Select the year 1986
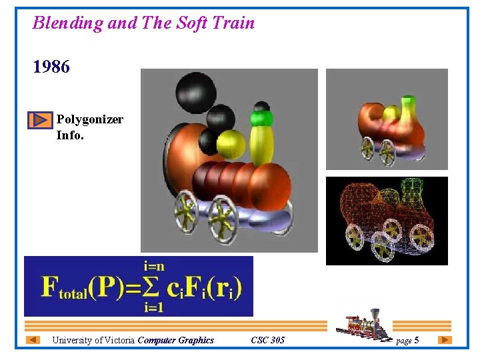point(51,67)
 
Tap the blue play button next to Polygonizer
point(40,120)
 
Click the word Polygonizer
point(89,119)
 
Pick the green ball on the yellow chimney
point(261,119)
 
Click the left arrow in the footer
point(33,340)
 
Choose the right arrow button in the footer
point(445,340)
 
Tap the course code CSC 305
point(267,340)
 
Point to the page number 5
point(417,341)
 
